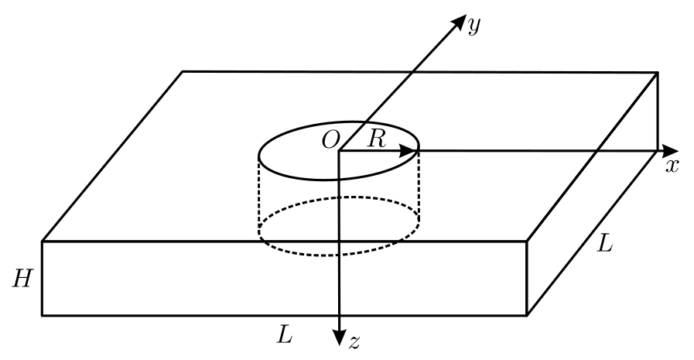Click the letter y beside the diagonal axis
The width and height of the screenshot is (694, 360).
473,26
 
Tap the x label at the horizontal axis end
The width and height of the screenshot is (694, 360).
672,166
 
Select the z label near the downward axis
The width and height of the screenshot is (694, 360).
354,343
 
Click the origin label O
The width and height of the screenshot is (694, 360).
330,141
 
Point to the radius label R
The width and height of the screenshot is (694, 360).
377,139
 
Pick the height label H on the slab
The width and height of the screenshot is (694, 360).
22,279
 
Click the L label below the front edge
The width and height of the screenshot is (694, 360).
285,336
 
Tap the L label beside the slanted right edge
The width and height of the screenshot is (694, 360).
604,244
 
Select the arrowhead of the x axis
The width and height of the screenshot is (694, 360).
670,151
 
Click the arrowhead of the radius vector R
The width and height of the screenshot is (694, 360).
408,151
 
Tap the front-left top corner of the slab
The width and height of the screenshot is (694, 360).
43,242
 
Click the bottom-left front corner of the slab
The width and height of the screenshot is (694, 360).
43,315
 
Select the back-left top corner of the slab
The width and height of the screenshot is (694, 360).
183,71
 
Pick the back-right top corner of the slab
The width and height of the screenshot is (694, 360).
658,72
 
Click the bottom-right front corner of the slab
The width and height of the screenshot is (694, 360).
527,315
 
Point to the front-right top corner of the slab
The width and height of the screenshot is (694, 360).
527,242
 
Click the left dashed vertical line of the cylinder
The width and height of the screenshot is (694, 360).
259,194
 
